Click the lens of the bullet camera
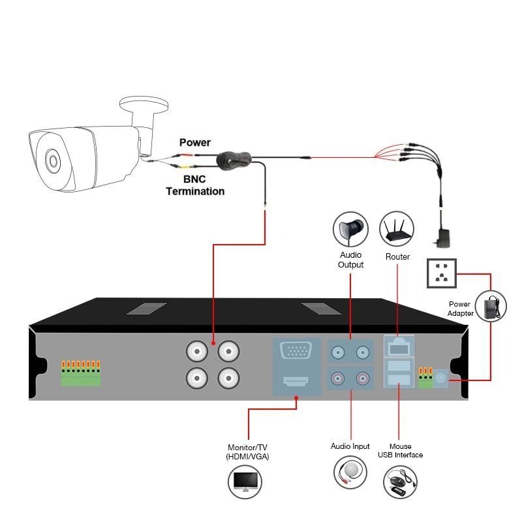51,159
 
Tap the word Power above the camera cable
195,142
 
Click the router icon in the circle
397,229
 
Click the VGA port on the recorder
296,352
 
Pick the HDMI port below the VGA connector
296,382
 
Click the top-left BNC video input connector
197,352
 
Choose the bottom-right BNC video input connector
228,377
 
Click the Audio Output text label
350,260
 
